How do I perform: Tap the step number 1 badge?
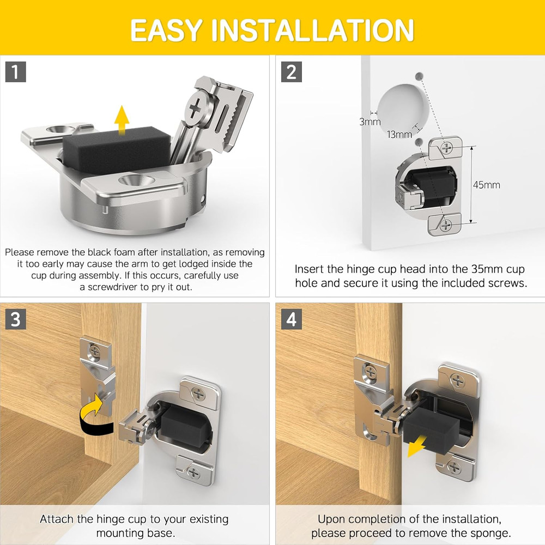(x=16, y=72)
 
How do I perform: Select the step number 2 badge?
(x=291, y=72)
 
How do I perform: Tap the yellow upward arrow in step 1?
(x=122, y=120)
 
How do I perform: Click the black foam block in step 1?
(x=117, y=149)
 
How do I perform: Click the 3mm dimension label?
(x=370, y=122)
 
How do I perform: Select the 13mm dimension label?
(x=399, y=135)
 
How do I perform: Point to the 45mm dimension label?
(x=486, y=185)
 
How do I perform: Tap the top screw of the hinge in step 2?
(x=446, y=148)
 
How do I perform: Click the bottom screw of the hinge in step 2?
(x=446, y=225)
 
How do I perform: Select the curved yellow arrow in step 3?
(x=94, y=415)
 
